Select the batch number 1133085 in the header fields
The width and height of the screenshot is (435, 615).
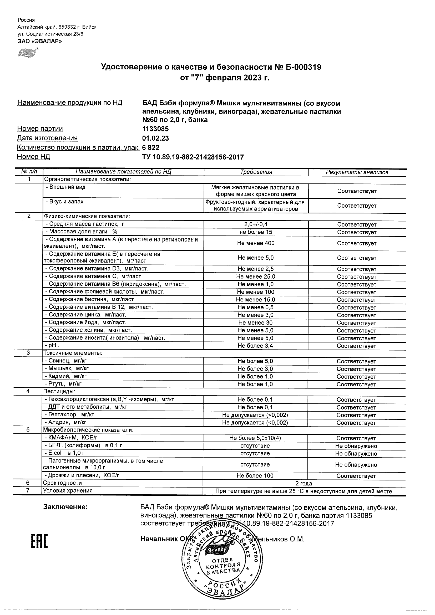155,129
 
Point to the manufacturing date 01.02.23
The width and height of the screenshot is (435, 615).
155,138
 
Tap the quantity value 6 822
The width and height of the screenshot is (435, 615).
151,148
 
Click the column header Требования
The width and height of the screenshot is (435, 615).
256,172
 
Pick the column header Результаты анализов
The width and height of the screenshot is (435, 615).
357,172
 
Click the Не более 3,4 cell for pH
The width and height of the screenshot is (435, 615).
255,346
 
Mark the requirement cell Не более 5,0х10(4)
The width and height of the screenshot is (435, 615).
255,438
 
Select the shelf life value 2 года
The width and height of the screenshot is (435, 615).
304,484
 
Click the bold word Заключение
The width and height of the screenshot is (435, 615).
65,507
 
